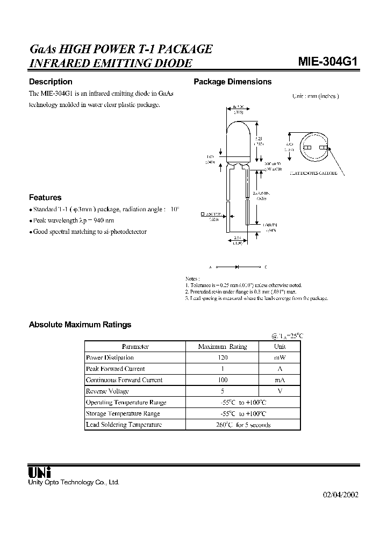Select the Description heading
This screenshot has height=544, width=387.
50,82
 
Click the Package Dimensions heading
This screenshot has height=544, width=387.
232,82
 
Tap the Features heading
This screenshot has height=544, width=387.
45,197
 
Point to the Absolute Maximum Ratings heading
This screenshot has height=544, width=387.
80,325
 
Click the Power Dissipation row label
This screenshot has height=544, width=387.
110,357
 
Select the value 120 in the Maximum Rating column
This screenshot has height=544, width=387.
222,357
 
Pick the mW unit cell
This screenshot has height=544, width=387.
280,357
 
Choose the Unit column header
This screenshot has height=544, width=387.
280,347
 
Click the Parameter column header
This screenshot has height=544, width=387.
135,347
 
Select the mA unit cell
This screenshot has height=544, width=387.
280,380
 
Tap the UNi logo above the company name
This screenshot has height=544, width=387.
39,471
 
